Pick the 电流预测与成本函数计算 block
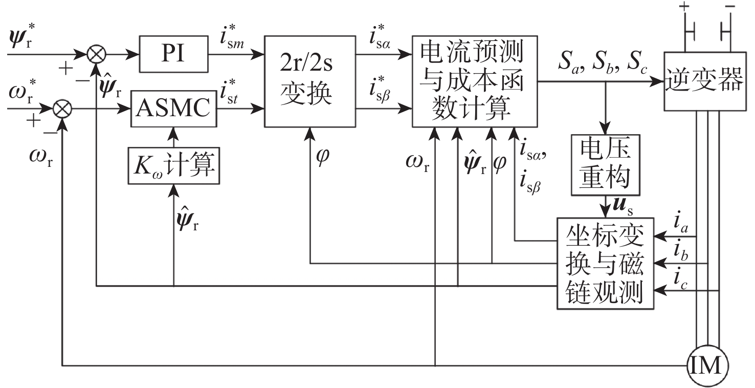click(x=474, y=81)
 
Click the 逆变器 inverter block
click(x=703, y=81)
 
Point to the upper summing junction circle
click(x=95, y=53)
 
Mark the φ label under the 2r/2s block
click(x=323, y=154)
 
